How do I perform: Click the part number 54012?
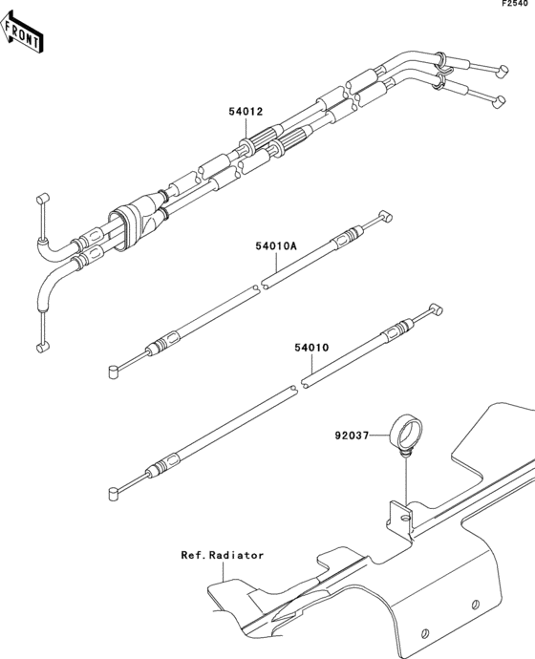[x=246, y=112]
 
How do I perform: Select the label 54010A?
[x=276, y=245]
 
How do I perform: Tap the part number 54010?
[x=311, y=348]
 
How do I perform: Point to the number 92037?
[x=352, y=436]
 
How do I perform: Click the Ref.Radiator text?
[x=223, y=555]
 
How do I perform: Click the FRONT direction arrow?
[x=21, y=32]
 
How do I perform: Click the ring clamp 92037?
[x=405, y=433]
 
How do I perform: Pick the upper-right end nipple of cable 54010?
[x=436, y=309]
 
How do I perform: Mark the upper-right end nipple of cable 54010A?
[x=386, y=216]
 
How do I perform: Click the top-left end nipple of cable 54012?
[x=43, y=198]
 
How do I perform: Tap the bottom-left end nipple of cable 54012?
[x=43, y=347]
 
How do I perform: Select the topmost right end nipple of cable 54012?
[x=503, y=71]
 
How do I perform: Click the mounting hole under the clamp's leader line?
[x=405, y=517]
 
